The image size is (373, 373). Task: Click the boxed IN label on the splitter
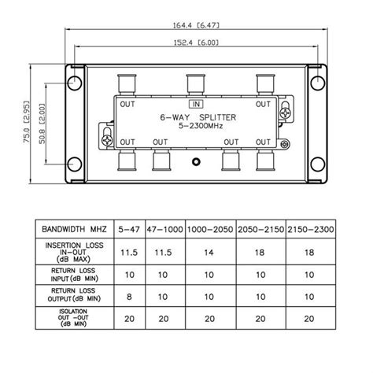point(196,104)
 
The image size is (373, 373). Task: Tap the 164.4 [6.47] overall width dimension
point(196,25)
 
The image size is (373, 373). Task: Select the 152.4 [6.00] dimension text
point(196,42)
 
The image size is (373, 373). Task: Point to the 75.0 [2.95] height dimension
point(27,122)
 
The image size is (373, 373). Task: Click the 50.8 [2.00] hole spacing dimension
point(42,124)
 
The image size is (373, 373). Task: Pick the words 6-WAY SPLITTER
point(198,117)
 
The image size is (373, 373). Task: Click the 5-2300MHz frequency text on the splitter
point(201,126)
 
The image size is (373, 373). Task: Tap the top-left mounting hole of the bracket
point(75,83)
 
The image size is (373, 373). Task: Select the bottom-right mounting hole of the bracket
point(318,164)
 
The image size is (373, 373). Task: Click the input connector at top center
point(196,84)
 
